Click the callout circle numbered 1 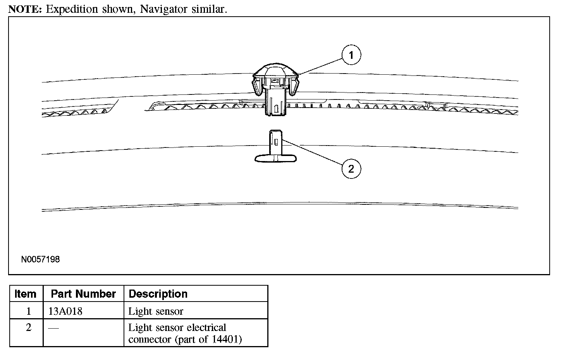351,55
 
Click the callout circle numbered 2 351,169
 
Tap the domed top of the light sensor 275,70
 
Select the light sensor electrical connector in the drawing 275,147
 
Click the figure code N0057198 41,259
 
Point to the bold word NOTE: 25,9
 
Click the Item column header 26,294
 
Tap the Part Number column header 83,294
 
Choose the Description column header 158,294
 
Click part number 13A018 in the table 65,311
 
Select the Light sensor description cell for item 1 156,311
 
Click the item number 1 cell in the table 28,311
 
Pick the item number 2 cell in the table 28,327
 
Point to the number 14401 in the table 226,339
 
